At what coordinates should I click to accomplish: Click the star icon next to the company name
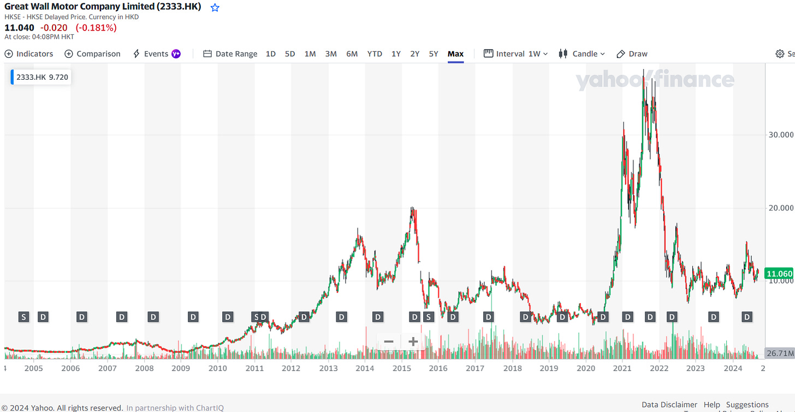pyautogui.click(x=215, y=8)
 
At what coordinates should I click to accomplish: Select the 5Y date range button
pyautogui.click(x=433, y=53)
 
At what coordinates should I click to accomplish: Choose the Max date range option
pyautogui.click(x=455, y=53)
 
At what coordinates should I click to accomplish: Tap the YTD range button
pyautogui.click(x=375, y=53)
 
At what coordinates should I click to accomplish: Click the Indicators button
pyautogui.click(x=29, y=53)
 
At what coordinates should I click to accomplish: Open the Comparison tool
pyautogui.click(x=92, y=53)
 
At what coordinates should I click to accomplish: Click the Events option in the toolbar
pyautogui.click(x=156, y=53)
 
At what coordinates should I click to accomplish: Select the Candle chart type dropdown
pyautogui.click(x=582, y=53)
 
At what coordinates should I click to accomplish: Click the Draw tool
pyautogui.click(x=632, y=53)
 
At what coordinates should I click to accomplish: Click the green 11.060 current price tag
pyautogui.click(x=779, y=274)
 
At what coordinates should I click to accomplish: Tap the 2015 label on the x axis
pyautogui.click(x=401, y=368)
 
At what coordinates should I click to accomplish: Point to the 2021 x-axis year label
pyautogui.click(x=622, y=368)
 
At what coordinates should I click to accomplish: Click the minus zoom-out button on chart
pyautogui.click(x=389, y=342)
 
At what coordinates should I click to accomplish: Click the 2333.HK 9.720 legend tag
pyautogui.click(x=41, y=77)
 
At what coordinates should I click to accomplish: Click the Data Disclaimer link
pyautogui.click(x=669, y=404)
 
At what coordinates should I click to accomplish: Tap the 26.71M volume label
pyautogui.click(x=780, y=354)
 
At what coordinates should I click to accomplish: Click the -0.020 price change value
pyautogui.click(x=55, y=27)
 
